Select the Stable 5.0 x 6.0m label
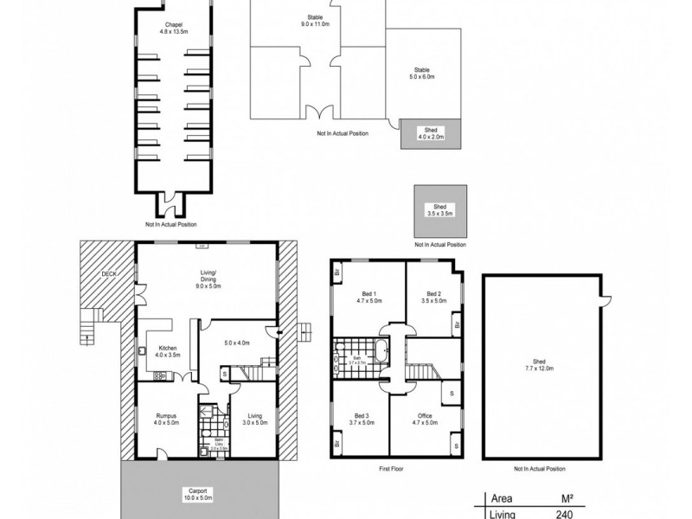(x=421, y=73)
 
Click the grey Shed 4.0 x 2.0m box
(x=430, y=134)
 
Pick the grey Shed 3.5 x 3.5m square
(x=442, y=210)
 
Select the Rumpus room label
(x=166, y=419)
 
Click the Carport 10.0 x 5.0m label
(x=201, y=496)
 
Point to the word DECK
(x=108, y=274)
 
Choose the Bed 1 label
(x=369, y=297)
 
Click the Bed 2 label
(x=432, y=297)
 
